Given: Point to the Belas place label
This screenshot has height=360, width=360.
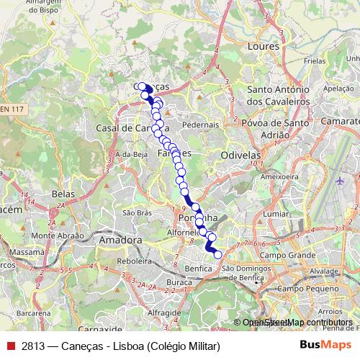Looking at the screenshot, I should tap(64, 194).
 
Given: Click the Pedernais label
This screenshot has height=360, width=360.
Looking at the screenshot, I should tap(201, 125).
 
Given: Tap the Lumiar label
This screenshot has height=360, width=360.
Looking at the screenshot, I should tap(277, 215).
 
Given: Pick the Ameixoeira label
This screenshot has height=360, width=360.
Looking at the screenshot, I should tap(279, 176).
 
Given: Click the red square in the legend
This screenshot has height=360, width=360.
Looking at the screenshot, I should tap(9, 346).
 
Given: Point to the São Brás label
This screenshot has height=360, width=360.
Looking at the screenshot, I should tap(137, 213).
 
